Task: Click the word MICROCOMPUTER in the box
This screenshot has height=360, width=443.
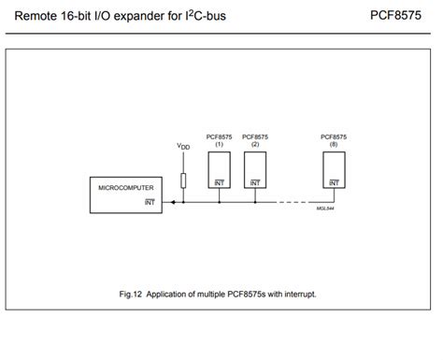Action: [x=124, y=188]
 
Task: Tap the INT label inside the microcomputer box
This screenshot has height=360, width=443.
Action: [x=149, y=200]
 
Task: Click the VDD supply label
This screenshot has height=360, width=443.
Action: [x=182, y=148]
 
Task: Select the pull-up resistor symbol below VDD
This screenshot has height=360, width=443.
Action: [x=183, y=180]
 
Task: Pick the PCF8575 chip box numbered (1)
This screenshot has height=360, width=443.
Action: [x=219, y=168]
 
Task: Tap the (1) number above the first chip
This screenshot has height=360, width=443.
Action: [x=219, y=143]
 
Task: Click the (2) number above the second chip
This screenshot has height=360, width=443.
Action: [x=255, y=143]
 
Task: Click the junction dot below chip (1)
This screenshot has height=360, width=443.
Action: [x=219, y=201]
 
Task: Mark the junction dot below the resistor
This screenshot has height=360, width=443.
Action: [x=183, y=201]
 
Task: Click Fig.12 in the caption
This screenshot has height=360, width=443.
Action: [x=131, y=294]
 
